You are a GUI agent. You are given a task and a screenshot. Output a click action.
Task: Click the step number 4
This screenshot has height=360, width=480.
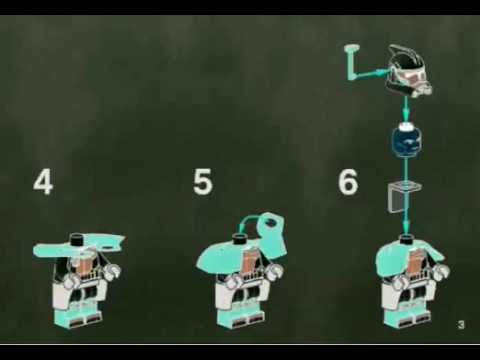tap(43, 182)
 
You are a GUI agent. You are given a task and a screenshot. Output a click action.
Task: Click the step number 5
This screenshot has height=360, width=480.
tap(203, 182)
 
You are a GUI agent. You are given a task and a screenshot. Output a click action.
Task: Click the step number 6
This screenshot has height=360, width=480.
tap(348, 182)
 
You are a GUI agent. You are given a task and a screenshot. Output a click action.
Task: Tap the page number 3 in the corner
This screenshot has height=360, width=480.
tap(461, 324)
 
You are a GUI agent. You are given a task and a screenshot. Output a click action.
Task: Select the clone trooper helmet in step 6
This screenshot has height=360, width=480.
tap(408, 71)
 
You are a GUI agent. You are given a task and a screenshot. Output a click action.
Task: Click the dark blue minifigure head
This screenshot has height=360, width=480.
tap(406, 140)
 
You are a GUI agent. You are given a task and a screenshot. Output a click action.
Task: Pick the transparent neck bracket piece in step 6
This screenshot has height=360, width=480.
tap(403, 196)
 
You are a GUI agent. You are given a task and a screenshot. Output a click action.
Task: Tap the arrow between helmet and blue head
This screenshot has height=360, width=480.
tap(406, 109)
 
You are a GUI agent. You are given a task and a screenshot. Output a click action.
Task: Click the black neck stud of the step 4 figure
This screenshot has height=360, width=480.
tap(77, 238)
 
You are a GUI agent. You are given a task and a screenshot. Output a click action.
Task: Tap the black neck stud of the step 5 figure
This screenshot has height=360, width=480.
tap(240, 239)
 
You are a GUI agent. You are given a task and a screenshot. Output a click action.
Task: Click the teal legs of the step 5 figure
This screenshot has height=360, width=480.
tap(243, 318)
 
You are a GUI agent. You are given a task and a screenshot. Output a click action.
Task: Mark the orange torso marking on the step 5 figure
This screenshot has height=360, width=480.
tap(248, 262)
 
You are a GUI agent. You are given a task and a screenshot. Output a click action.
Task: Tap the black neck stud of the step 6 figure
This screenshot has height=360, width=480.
tap(406, 238)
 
